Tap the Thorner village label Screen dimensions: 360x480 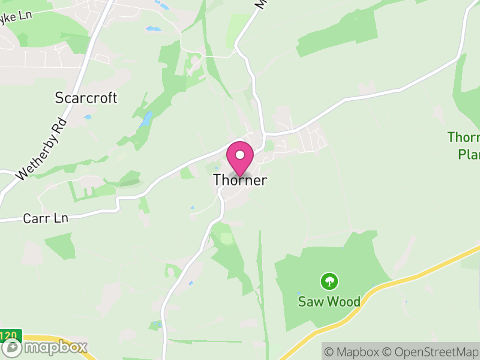tap(240, 180)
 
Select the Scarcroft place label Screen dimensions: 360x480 tap(86, 98)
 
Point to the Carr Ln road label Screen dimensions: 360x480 tap(46, 218)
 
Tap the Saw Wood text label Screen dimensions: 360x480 tap(329, 301)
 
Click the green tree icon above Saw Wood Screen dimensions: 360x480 tap(329, 281)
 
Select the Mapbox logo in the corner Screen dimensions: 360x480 tap(45, 347)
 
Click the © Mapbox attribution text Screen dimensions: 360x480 tap(354, 352)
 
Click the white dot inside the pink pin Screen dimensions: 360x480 tap(240, 155)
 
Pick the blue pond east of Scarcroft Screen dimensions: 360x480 tap(145, 119)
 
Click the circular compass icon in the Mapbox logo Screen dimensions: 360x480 tap(11, 347)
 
